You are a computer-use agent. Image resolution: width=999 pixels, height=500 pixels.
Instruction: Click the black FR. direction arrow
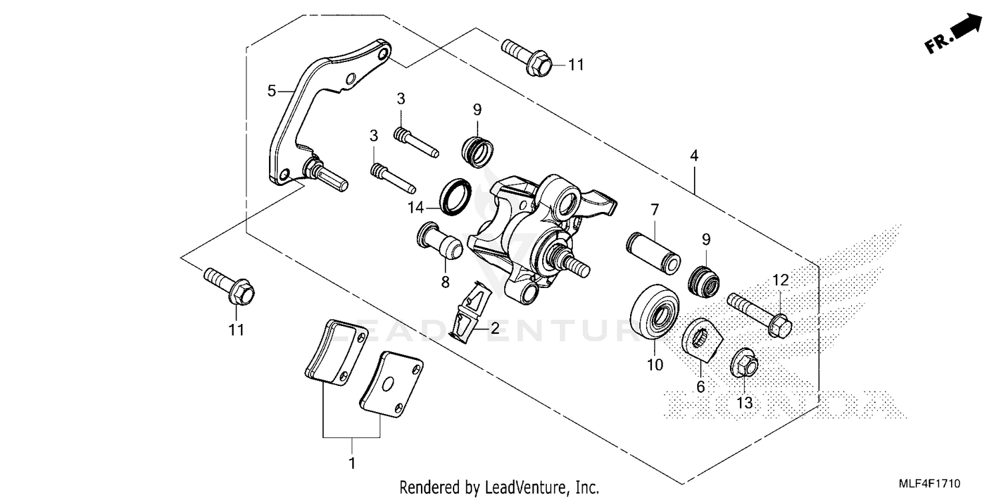tap(966, 29)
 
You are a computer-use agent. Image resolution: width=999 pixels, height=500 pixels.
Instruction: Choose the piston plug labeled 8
tap(440, 242)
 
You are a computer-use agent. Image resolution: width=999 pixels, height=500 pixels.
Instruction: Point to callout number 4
tap(694, 156)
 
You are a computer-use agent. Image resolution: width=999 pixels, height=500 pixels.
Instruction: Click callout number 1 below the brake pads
tap(352, 462)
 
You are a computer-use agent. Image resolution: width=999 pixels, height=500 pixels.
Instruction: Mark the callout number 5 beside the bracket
tap(271, 90)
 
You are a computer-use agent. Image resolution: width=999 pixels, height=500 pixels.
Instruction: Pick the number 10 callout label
tap(655, 365)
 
